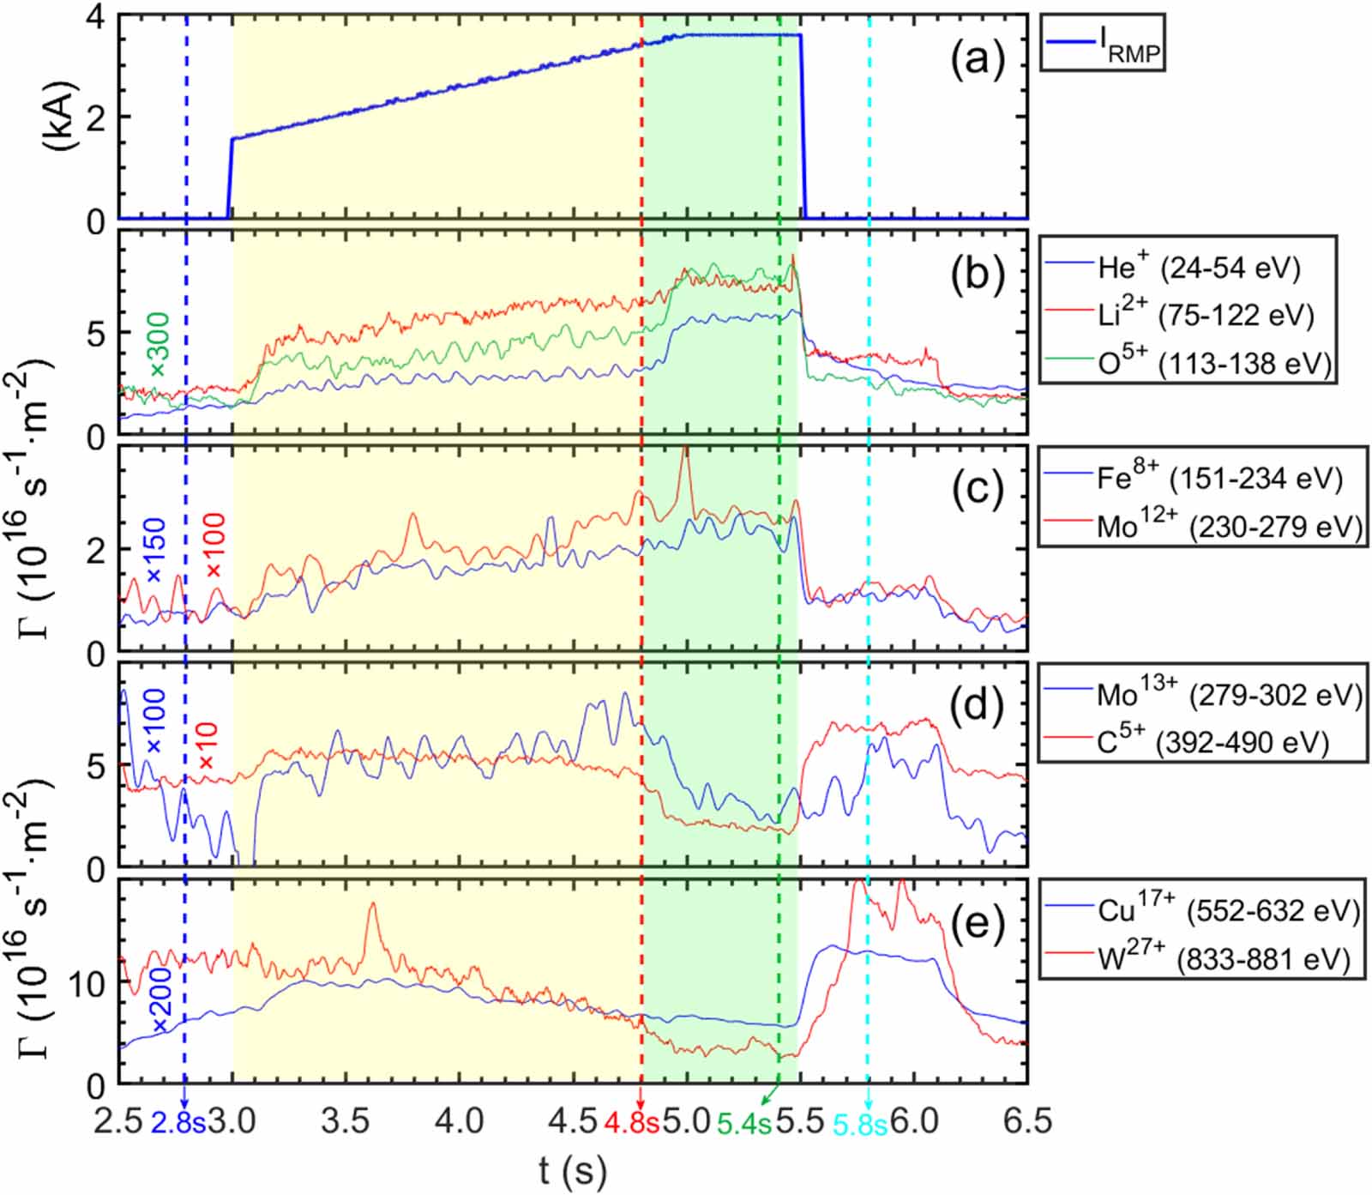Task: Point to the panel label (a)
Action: (x=977, y=62)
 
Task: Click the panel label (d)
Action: (x=977, y=706)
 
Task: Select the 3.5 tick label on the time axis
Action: (x=346, y=1121)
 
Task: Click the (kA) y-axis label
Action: (x=62, y=117)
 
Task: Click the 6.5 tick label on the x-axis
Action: (x=1026, y=1121)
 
